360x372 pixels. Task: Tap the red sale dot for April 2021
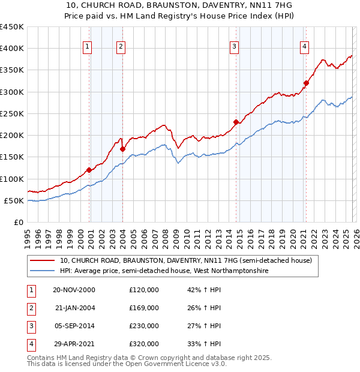click(x=306, y=83)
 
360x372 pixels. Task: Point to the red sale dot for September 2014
click(x=236, y=122)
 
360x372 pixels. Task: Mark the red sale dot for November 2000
click(x=89, y=170)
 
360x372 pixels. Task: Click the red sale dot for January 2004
click(x=122, y=149)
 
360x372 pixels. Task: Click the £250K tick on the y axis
click(x=12, y=113)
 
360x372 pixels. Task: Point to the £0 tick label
click(x=19, y=222)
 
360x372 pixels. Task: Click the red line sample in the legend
click(x=42, y=261)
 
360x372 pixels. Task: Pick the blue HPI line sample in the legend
click(x=42, y=271)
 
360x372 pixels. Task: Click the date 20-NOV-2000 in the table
click(x=74, y=290)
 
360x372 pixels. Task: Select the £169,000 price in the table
click(x=144, y=308)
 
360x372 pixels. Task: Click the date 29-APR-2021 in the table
click(x=74, y=344)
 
